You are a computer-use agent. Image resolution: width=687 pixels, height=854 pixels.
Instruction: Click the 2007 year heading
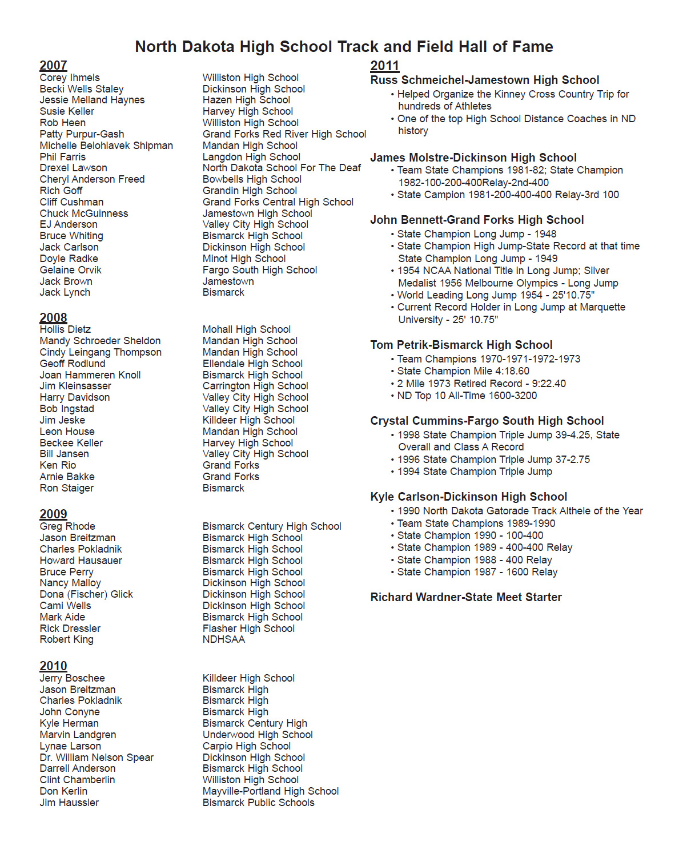click(x=53, y=66)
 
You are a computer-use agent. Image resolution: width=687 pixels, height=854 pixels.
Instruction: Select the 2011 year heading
click(x=384, y=66)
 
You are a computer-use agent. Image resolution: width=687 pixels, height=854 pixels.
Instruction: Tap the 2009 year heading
click(x=53, y=514)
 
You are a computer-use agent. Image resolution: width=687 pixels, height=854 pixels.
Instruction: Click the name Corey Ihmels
click(x=70, y=78)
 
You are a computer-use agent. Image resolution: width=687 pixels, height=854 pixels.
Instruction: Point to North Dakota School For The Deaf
click(x=282, y=168)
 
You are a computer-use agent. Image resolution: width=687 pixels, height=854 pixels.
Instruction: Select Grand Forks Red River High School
click(x=284, y=134)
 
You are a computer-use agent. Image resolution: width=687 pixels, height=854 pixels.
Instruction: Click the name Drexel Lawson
click(x=73, y=168)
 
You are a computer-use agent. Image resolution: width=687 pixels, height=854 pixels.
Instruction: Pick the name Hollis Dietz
click(x=66, y=329)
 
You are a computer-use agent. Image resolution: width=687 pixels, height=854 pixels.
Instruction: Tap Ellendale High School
click(x=252, y=364)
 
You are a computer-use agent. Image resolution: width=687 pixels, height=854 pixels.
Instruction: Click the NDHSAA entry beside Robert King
click(x=223, y=639)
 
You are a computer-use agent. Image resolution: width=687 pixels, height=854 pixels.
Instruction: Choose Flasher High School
click(x=248, y=629)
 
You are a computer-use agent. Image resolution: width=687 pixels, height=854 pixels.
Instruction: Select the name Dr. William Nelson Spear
click(x=97, y=758)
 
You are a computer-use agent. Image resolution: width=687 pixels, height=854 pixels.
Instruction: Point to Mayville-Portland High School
click(x=271, y=791)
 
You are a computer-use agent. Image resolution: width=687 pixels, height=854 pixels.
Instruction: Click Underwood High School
click(x=258, y=735)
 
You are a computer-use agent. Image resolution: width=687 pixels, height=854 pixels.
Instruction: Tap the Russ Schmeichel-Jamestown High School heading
click(x=484, y=80)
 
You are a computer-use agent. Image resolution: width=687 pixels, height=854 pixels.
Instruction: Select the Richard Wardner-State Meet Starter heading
click(x=466, y=597)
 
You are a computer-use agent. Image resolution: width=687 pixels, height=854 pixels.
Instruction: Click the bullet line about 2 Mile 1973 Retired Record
click(x=481, y=384)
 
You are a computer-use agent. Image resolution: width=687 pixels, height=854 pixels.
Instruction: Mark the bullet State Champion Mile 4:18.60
click(x=463, y=371)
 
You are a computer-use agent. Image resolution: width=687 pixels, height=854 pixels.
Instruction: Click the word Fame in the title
click(x=533, y=47)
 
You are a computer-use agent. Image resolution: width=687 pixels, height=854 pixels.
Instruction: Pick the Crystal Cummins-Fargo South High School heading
click(x=487, y=421)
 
